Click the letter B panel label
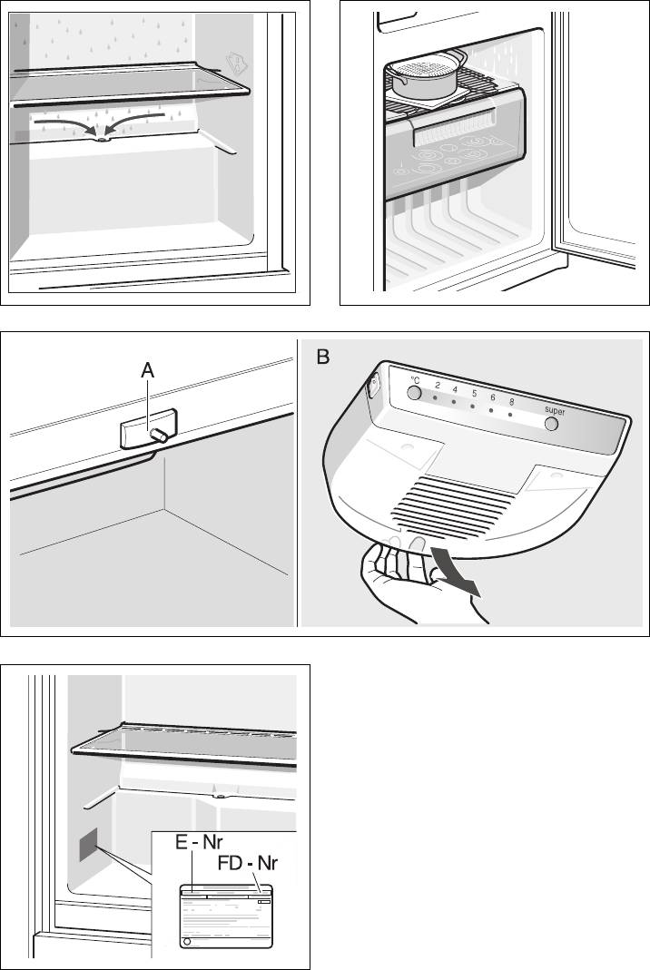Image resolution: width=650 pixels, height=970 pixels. (x=325, y=358)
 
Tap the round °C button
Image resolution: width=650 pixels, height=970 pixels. (x=414, y=393)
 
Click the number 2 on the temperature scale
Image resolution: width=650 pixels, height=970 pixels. (x=438, y=386)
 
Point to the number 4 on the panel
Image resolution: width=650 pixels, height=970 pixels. (x=455, y=389)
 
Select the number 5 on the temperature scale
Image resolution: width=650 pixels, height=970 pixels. (x=474, y=394)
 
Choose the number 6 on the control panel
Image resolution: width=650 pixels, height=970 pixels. (x=493, y=398)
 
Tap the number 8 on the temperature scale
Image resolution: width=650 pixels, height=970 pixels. (x=512, y=402)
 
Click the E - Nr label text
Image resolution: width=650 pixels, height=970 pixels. (x=201, y=843)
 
